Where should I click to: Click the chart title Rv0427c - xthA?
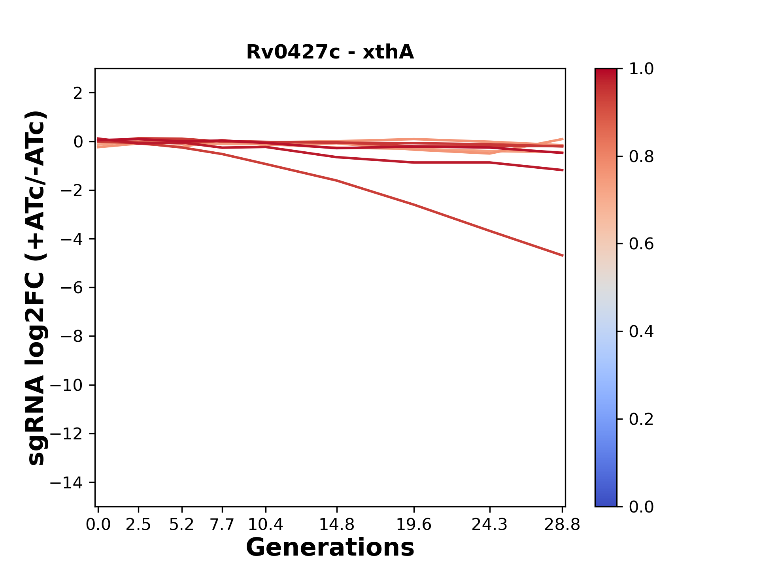point(330,52)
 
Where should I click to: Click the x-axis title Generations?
point(330,548)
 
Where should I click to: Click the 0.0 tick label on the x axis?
point(98,525)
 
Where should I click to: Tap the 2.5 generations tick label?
point(138,525)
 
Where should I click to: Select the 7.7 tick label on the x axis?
point(222,525)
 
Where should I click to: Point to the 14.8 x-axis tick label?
point(336,525)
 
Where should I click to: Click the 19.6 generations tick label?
point(414,525)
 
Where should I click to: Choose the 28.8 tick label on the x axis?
point(562,525)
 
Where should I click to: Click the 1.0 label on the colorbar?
point(641,69)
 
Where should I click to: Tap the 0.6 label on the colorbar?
point(641,244)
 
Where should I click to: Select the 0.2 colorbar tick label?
point(641,419)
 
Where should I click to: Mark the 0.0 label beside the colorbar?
point(641,507)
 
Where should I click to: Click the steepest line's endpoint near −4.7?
point(562,256)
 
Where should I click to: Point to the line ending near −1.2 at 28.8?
point(562,170)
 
